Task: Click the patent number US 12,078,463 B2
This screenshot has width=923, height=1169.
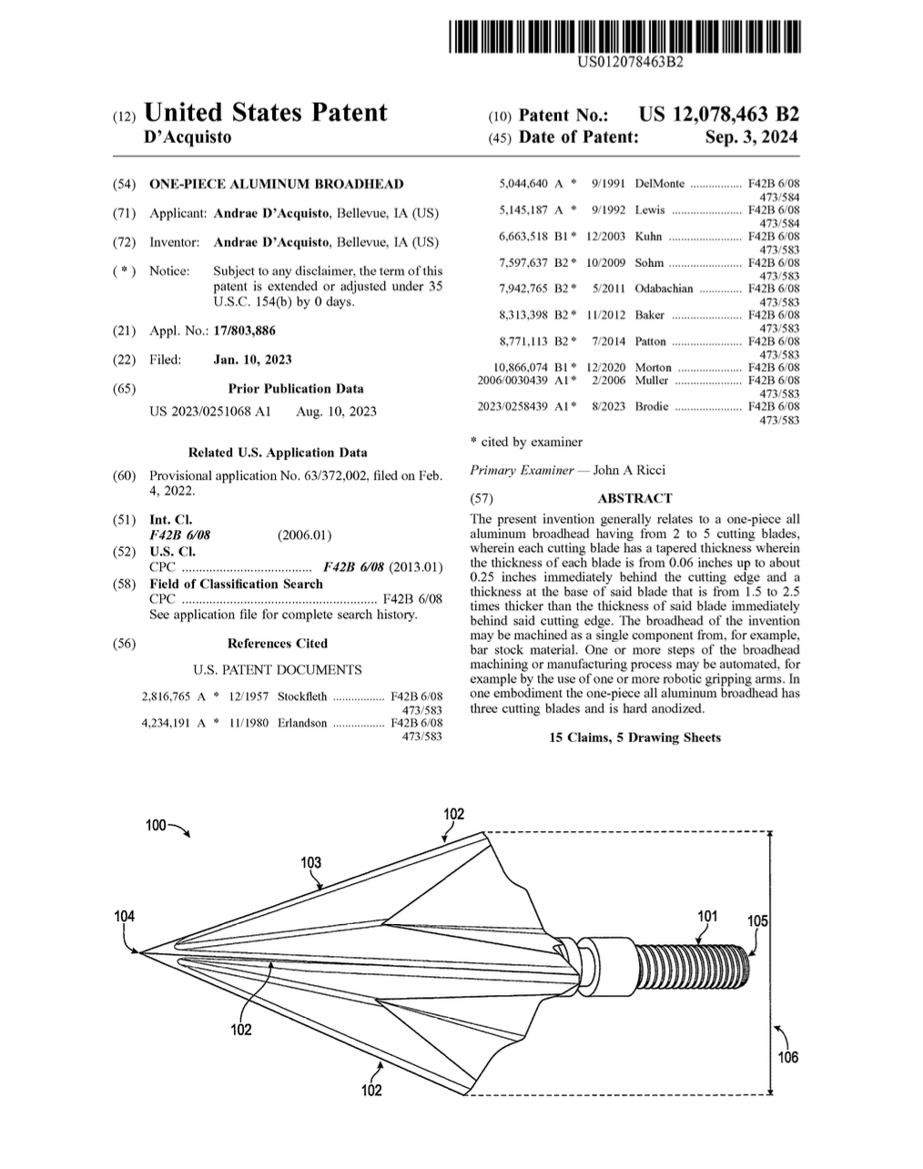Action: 718,115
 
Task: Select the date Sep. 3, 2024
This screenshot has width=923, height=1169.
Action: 751,137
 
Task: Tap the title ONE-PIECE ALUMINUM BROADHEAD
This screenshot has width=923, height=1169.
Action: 276,184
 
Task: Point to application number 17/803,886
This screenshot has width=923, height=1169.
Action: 244,330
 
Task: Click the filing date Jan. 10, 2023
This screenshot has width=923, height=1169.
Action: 252,360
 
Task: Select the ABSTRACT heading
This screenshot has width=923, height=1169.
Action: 634,498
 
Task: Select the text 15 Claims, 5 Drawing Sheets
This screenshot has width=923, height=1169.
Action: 634,737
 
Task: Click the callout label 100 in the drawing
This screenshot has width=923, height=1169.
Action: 156,825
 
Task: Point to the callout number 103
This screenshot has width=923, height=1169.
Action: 310,862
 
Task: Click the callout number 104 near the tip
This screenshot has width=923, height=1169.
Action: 124,916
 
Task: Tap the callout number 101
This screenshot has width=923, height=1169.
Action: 706,917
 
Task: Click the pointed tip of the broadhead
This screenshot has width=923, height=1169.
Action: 141,952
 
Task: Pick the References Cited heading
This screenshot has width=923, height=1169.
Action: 277,643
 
